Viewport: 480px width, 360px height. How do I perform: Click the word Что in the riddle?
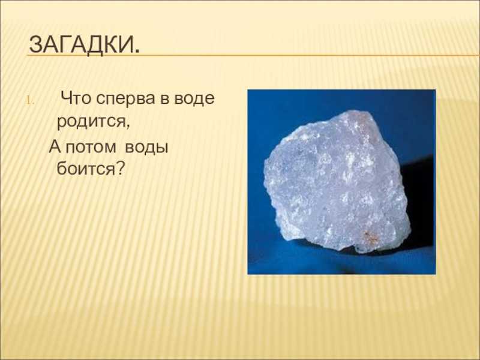point(75,98)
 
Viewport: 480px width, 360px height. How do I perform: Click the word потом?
point(91,148)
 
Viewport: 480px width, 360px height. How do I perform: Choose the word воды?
point(147,148)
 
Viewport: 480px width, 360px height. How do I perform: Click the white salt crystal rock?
point(336,182)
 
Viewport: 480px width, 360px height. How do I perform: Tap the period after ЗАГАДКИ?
point(136,52)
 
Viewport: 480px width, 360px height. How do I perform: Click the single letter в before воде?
point(164,99)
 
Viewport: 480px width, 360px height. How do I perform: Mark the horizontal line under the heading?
point(253,56)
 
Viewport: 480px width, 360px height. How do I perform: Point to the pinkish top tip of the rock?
point(366,113)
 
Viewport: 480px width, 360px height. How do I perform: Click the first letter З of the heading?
point(35,44)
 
